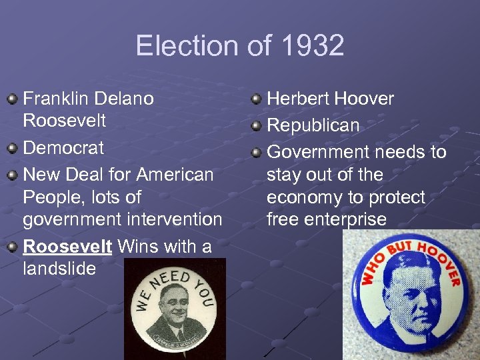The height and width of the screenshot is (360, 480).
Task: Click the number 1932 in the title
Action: (313, 46)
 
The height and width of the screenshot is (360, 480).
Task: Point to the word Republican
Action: (313, 125)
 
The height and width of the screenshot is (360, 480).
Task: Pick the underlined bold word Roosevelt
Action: (67, 247)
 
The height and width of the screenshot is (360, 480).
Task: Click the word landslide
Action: (60, 269)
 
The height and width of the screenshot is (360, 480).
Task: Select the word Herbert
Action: (297, 99)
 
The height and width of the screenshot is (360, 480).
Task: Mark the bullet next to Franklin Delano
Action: (12, 99)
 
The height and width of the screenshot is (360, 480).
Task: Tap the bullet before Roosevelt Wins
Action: (12, 247)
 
